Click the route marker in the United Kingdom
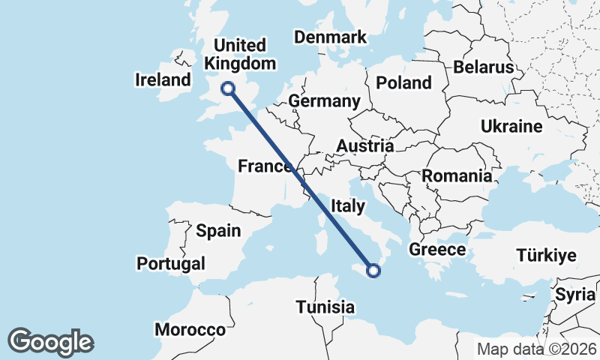(228, 89)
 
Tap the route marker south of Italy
(375, 271)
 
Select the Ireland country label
(163, 79)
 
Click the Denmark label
(330, 37)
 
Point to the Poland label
(404, 82)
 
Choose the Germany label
(324, 101)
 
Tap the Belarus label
(483, 67)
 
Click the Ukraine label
(511, 125)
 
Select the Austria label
(365, 146)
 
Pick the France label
(265, 166)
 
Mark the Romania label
(457, 176)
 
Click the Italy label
(347, 205)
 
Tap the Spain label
(218, 230)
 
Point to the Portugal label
(170, 263)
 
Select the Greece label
(438, 249)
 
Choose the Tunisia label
(325, 307)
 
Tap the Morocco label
(190, 330)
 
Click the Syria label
(574, 295)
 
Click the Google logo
(50, 342)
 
